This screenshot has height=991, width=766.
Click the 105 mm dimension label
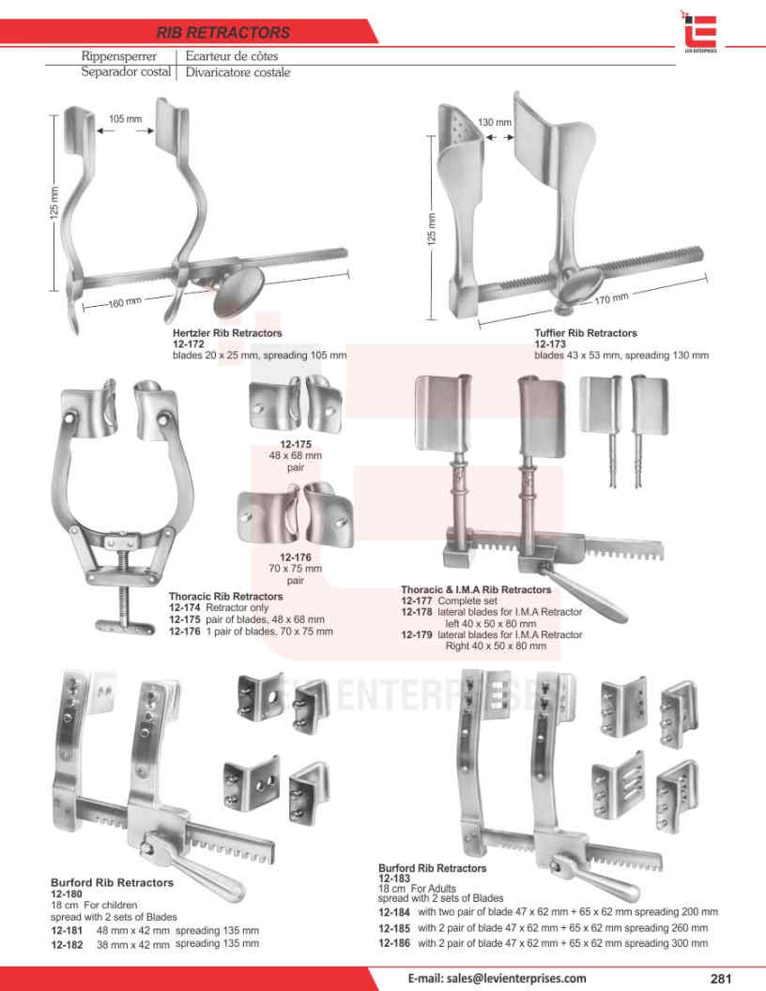pos(125,119)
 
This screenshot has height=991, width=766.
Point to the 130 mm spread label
pos(495,123)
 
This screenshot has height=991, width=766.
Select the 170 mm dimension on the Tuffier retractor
pos(611,299)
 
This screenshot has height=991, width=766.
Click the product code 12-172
pos(188,344)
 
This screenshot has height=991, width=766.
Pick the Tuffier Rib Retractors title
pos(585,333)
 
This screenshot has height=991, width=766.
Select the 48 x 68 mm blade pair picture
pos(288,402)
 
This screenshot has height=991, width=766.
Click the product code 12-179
pos(417,635)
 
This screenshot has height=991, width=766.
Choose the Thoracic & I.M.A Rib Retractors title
pos(476,589)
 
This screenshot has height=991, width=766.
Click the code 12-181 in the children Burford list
pos(67,930)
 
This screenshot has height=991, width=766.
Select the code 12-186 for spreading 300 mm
pos(394,943)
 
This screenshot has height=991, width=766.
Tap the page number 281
pos(721,978)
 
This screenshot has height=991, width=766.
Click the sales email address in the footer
pos(497,978)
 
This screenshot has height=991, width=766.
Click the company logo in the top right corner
pos(700,29)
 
